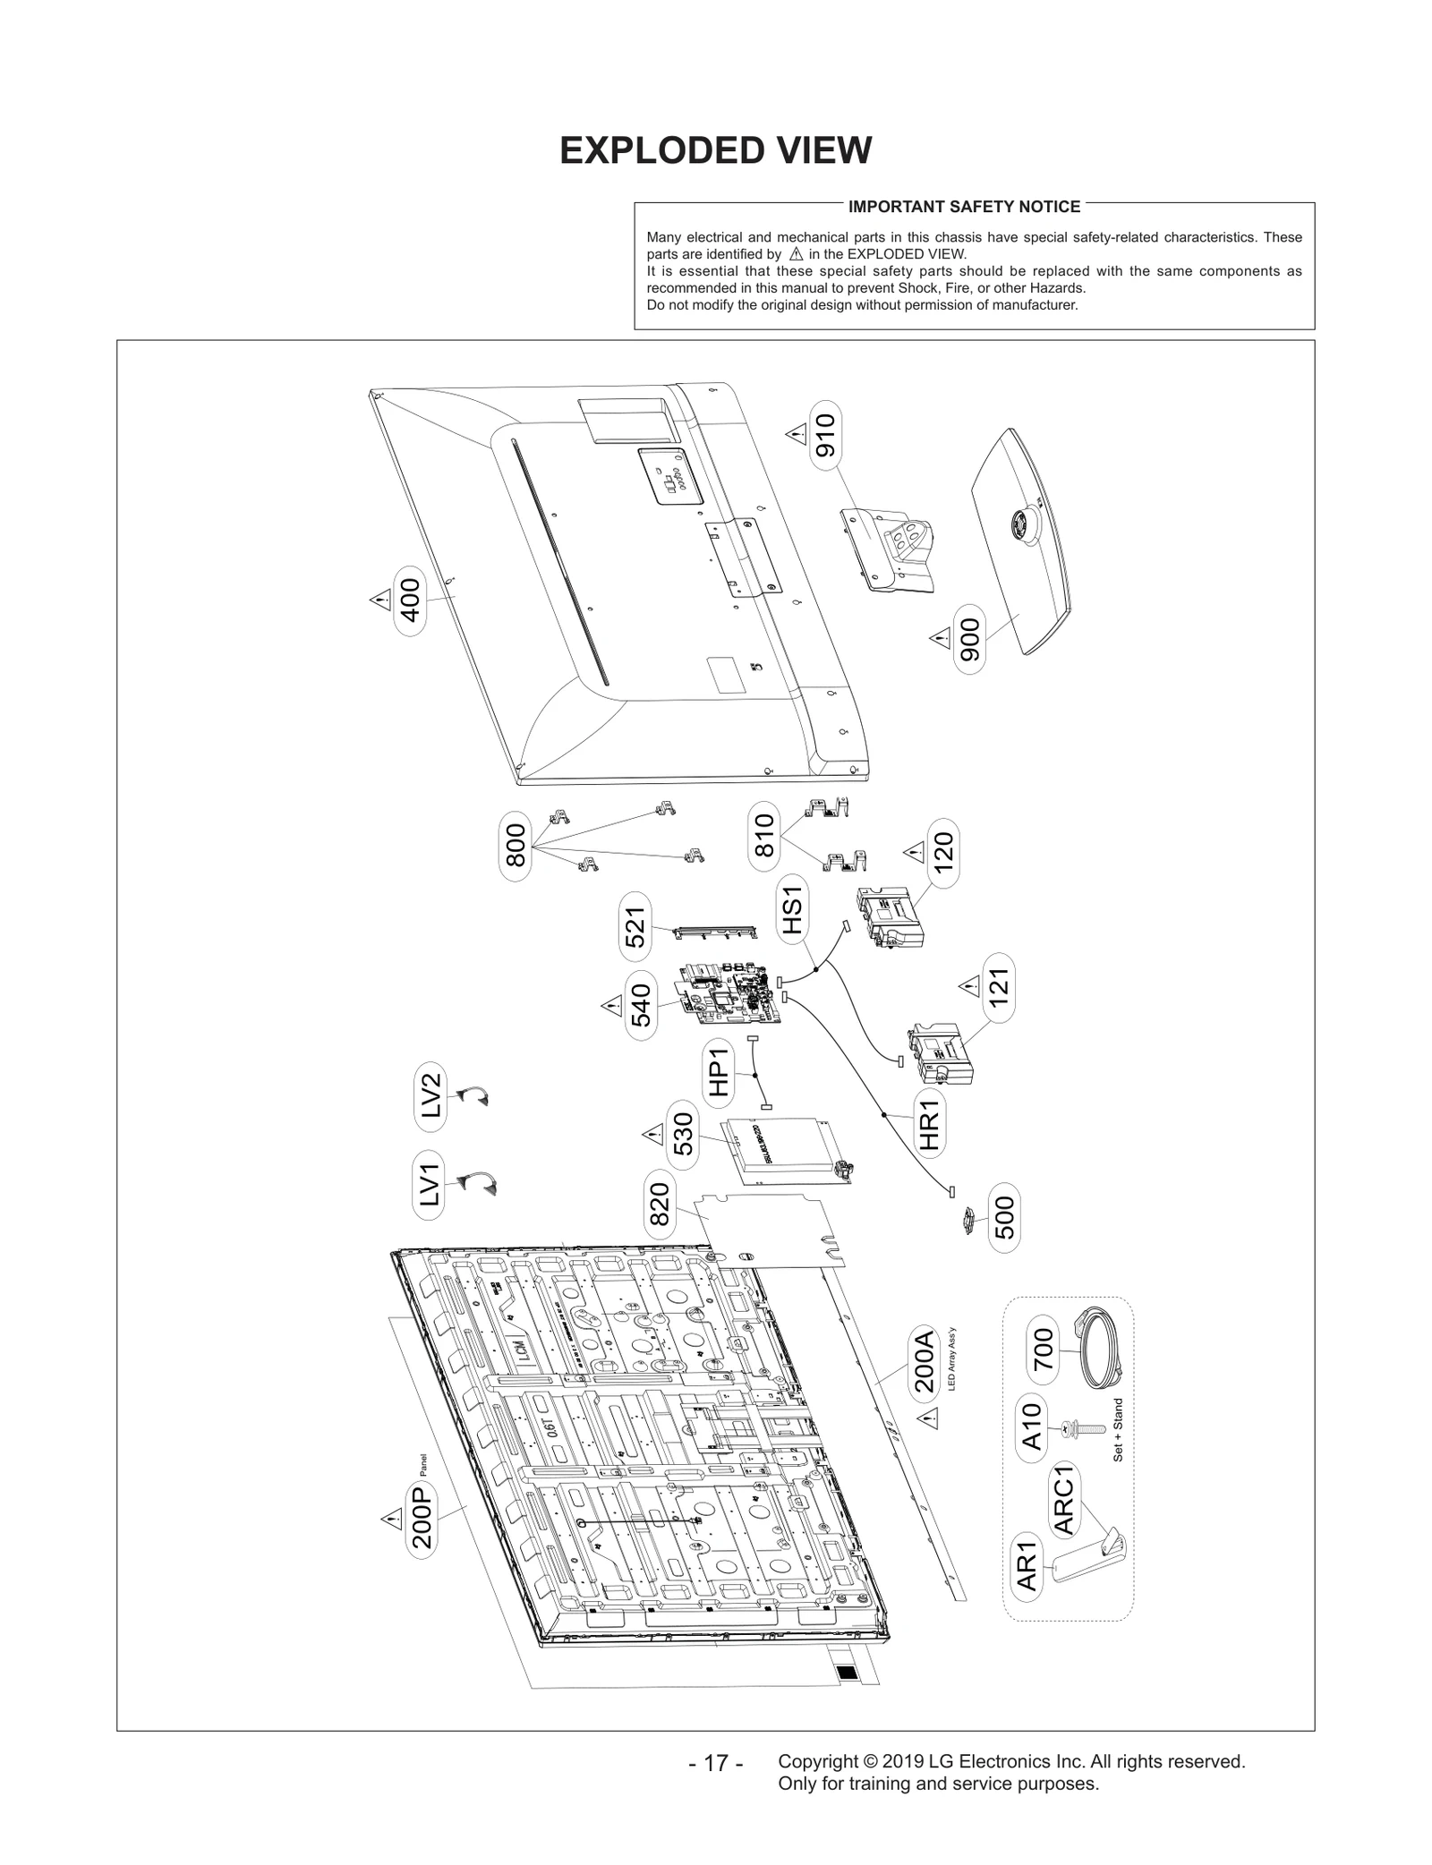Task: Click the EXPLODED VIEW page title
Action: pyautogui.click(x=715, y=151)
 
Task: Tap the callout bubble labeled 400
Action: pyautogui.click(x=409, y=600)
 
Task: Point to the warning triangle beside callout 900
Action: pyautogui.click(x=940, y=638)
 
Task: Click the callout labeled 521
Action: pyautogui.click(x=635, y=926)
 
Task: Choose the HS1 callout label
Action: pyautogui.click(x=792, y=907)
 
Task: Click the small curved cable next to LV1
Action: pyautogui.click(x=477, y=1184)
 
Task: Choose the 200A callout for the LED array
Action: pyautogui.click(x=924, y=1386)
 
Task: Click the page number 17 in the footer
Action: pyautogui.click(x=716, y=1764)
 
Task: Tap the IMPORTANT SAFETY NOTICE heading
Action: pyautogui.click(x=964, y=207)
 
